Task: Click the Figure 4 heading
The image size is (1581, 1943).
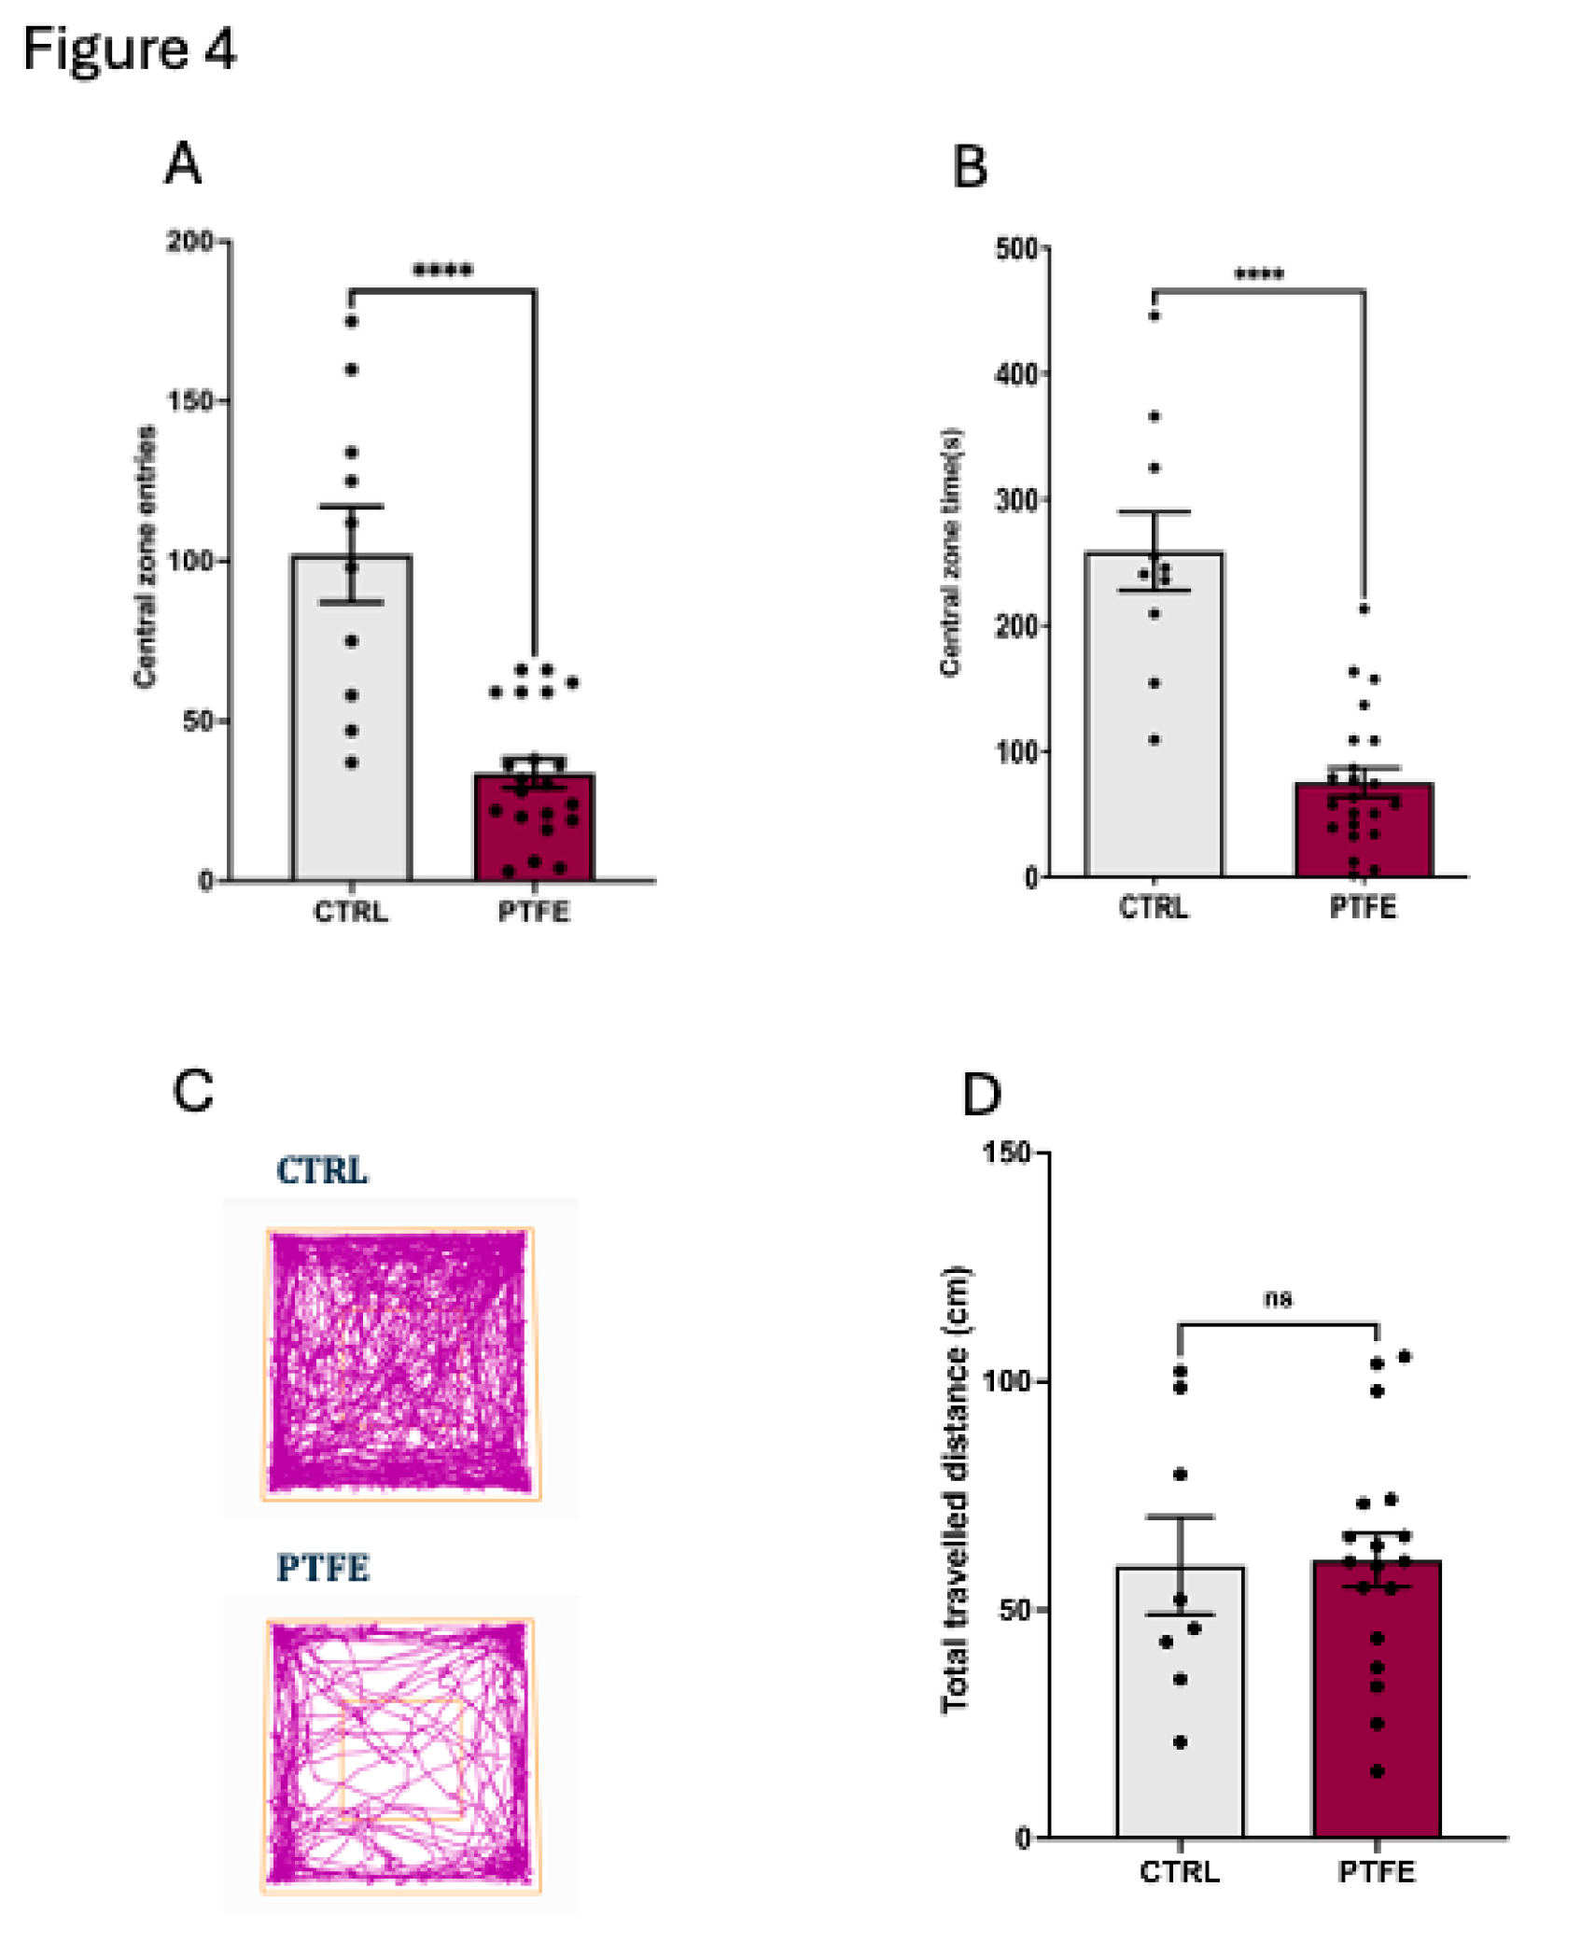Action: (x=129, y=49)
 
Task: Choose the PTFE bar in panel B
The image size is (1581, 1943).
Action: (x=1363, y=835)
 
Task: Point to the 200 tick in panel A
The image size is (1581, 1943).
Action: (x=191, y=242)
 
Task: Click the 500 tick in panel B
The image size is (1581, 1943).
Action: (x=1017, y=249)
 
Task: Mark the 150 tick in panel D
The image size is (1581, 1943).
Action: (x=1008, y=1153)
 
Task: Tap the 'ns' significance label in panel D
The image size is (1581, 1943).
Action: (x=1278, y=1298)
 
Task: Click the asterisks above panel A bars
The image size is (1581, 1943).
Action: (x=442, y=272)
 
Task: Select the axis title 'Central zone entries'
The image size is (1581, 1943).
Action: (x=145, y=557)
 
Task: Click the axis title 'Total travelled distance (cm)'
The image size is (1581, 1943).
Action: (x=955, y=1490)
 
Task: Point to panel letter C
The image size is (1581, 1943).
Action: (x=193, y=1090)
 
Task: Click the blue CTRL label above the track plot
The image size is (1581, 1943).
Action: (x=322, y=1170)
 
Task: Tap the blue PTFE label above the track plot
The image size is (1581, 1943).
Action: (x=323, y=1568)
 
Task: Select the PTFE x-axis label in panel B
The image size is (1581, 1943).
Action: (x=1363, y=907)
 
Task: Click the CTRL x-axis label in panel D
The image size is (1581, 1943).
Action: (x=1180, y=1871)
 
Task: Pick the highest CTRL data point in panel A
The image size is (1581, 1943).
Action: (x=352, y=322)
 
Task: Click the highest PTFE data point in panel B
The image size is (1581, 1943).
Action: (x=1364, y=609)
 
